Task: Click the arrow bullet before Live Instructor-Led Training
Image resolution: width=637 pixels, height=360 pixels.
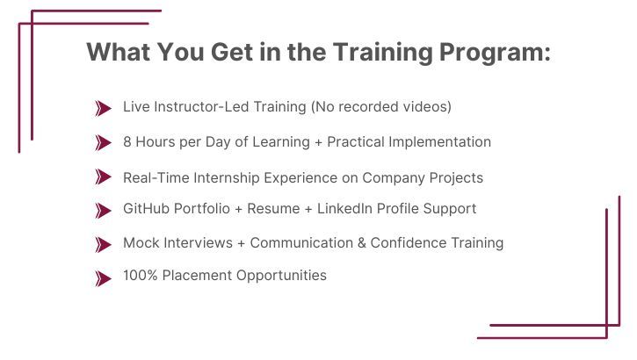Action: tap(104, 108)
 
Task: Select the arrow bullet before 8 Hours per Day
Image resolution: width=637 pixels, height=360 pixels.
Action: tap(104, 142)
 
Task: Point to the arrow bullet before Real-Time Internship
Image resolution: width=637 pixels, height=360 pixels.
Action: tap(104, 177)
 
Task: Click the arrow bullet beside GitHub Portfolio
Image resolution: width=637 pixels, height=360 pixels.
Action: tap(104, 210)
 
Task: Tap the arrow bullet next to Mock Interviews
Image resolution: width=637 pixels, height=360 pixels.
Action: tap(104, 243)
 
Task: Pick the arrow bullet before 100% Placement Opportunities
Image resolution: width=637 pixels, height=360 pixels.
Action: tap(104, 277)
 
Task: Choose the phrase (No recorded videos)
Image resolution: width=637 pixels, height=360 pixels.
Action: tap(381, 107)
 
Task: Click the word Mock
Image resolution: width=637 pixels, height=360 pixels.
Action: tap(141, 242)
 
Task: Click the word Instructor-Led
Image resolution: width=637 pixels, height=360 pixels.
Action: tap(197, 107)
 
